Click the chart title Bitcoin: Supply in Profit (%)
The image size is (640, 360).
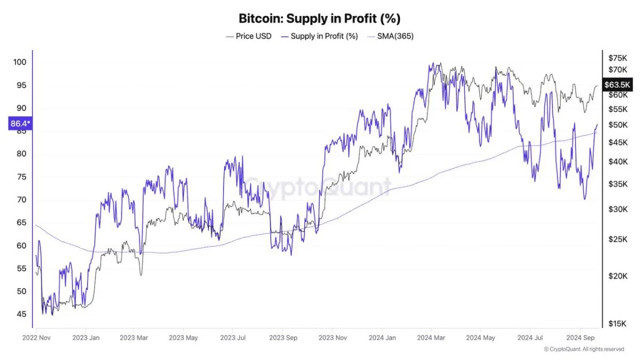[319, 19]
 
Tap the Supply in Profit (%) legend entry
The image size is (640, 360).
[319, 36]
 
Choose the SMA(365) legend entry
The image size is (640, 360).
[390, 36]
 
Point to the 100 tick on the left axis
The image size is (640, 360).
[20, 62]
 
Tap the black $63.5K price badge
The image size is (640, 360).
[617, 84]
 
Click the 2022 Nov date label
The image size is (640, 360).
[36, 338]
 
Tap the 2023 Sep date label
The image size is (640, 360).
[283, 338]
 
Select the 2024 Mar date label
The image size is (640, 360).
[431, 338]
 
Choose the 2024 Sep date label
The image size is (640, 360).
[580, 338]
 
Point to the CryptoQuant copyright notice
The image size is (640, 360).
[583, 349]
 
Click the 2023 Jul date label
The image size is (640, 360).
[233, 338]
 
